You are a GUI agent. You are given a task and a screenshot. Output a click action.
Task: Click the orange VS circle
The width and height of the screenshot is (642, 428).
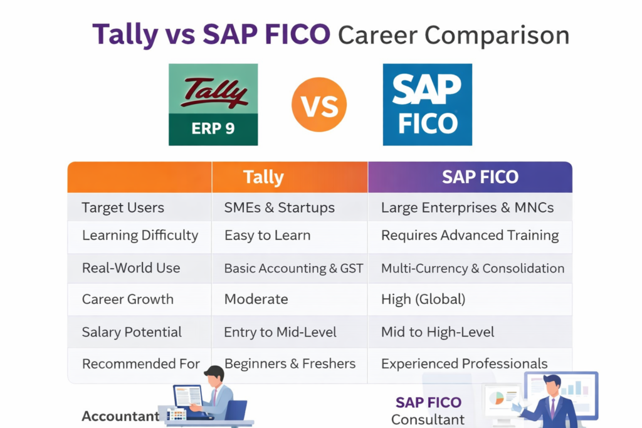tap(319, 105)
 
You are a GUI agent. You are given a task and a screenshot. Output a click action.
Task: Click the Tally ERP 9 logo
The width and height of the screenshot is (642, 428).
tap(213, 105)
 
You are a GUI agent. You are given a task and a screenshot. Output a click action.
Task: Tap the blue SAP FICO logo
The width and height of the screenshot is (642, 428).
tap(427, 105)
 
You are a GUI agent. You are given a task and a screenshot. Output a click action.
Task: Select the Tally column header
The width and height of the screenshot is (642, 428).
tap(263, 177)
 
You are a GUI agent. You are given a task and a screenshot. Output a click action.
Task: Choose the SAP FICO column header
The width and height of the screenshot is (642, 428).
tap(480, 177)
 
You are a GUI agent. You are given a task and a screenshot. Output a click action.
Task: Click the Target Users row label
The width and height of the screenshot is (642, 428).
tap(123, 208)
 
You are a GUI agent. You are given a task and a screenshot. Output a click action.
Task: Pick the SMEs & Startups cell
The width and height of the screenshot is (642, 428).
tap(280, 208)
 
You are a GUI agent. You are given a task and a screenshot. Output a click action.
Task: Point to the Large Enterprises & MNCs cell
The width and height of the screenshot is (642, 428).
tap(467, 208)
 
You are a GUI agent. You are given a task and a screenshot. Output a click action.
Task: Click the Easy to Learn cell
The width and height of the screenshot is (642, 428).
tap(267, 236)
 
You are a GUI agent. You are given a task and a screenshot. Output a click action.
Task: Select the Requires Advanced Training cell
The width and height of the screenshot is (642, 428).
tap(470, 236)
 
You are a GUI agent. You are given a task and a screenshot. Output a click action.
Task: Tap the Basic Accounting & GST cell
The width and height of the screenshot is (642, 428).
tap(293, 268)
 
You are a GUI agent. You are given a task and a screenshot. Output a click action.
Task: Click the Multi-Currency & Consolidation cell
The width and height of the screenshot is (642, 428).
tap(473, 268)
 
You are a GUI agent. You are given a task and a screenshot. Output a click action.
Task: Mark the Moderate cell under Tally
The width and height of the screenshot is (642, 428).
tap(256, 300)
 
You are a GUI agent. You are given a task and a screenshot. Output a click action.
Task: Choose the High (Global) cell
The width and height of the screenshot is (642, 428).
tap(423, 300)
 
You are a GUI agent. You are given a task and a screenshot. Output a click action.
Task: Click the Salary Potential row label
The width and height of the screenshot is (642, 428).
tap(132, 332)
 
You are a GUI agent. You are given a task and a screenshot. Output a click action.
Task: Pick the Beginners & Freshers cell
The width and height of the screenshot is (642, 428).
tap(290, 363)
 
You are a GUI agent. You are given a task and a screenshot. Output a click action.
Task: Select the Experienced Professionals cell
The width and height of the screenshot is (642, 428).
tap(464, 363)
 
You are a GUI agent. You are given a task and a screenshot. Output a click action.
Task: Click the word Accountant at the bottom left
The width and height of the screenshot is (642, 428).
tap(120, 417)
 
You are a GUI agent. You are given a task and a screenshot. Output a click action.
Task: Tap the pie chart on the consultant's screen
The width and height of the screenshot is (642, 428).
tap(496, 399)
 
